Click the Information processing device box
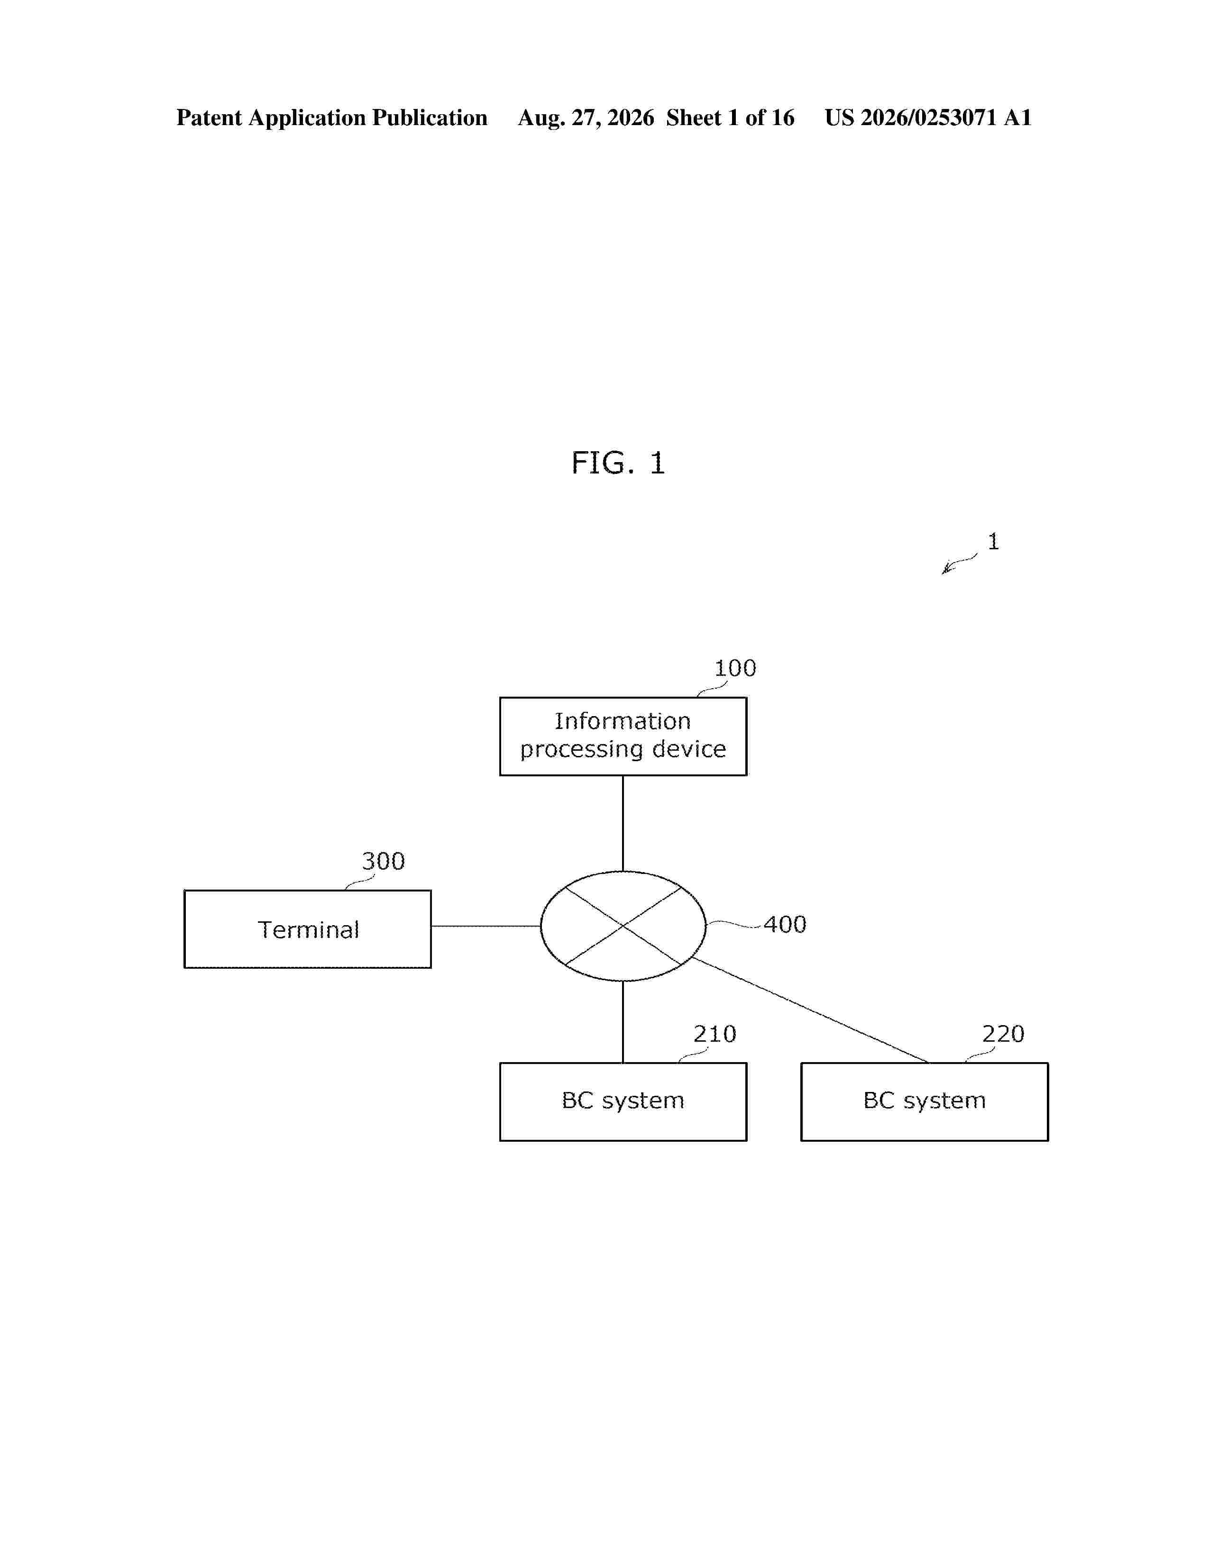(623, 736)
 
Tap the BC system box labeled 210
(623, 1101)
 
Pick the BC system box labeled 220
(924, 1101)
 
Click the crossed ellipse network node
(623, 926)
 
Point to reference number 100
(735, 668)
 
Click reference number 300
(383, 861)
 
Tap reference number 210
(714, 1033)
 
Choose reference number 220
(1003, 1033)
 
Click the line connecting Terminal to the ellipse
(485, 926)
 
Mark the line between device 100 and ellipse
(623, 824)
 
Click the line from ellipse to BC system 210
(623, 1021)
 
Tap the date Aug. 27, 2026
(586, 118)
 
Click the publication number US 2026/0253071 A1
(928, 118)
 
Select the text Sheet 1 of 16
(730, 118)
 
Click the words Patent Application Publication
(331, 118)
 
